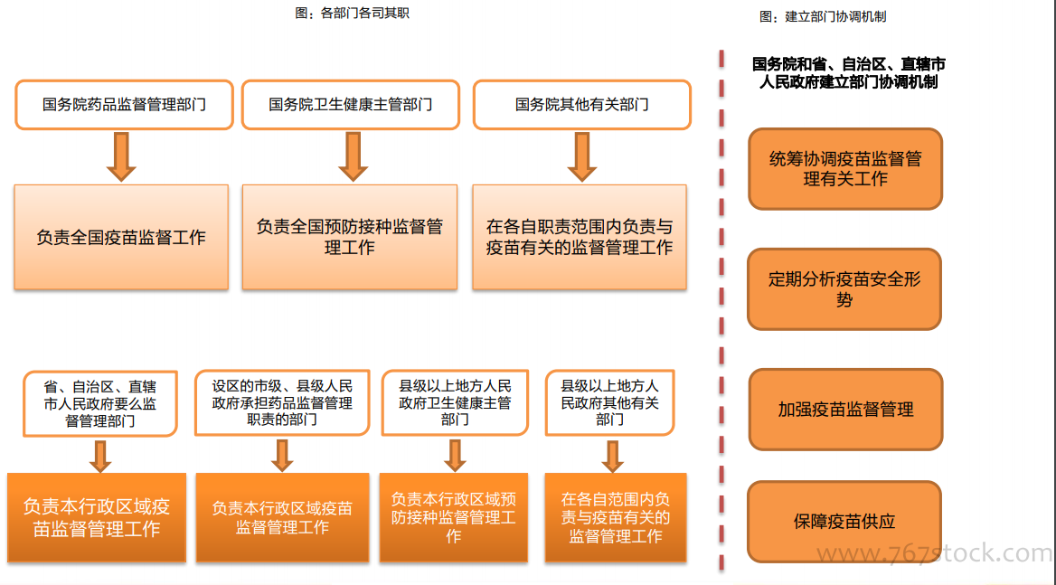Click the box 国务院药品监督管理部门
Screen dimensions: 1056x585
coord(124,104)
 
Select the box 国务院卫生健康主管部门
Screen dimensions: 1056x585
coord(350,104)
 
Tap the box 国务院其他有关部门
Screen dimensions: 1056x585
coord(582,104)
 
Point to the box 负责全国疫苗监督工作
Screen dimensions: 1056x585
coord(121,237)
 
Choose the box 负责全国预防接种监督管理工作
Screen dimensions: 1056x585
coord(350,237)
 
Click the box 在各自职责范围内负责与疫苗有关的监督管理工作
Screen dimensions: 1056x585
coord(580,237)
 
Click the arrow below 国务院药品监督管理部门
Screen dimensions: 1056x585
coord(121,156)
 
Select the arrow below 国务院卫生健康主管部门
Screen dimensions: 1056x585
coord(353,156)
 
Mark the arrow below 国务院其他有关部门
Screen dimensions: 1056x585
coord(582,156)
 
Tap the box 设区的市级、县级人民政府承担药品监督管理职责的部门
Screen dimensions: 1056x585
coord(282,402)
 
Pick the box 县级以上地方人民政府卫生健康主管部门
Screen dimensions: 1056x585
coord(455,402)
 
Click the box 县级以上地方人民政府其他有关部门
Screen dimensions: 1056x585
coord(609,402)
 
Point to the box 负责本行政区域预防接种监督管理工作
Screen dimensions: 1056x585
coord(453,517)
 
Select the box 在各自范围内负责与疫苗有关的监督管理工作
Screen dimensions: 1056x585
coord(616,517)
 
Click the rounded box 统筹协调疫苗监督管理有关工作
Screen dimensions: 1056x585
coord(845,169)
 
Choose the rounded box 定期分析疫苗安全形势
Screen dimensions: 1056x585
coord(844,288)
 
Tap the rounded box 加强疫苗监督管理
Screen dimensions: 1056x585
coord(845,410)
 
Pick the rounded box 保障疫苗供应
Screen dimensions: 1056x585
coord(844,521)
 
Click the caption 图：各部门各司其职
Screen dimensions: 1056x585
coord(353,13)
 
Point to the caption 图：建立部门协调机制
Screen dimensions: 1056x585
coord(823,16)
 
